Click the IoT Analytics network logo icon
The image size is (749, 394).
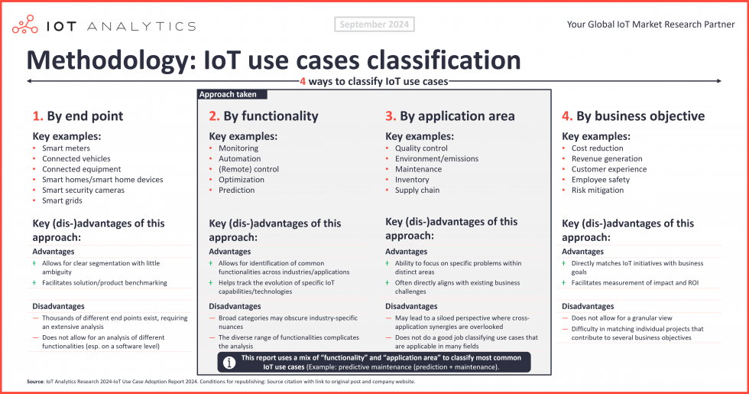click(x=25, y=24)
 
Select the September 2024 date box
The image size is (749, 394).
click(x=374, y=24)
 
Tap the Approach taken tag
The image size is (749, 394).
click(x=222, y=95)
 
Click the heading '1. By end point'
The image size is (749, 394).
click(x=77, y=116)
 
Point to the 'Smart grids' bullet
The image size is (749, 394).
click(x=62, y=200)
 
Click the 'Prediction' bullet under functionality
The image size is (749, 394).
click(x=237, y=190)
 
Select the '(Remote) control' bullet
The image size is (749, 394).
click(x=248, y=169)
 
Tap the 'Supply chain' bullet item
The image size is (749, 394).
click(x=417, y=190)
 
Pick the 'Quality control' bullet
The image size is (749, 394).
click(x=421, y=148)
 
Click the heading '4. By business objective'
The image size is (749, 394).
click(x=633, y=116)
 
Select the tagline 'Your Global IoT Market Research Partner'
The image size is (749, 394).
click(x=650, y=24)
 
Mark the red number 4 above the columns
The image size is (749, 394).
click(x=303, y=81)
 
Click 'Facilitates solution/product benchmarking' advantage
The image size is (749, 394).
click(x=105, y=283)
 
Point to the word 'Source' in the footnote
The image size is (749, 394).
click(x=34, y=381)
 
